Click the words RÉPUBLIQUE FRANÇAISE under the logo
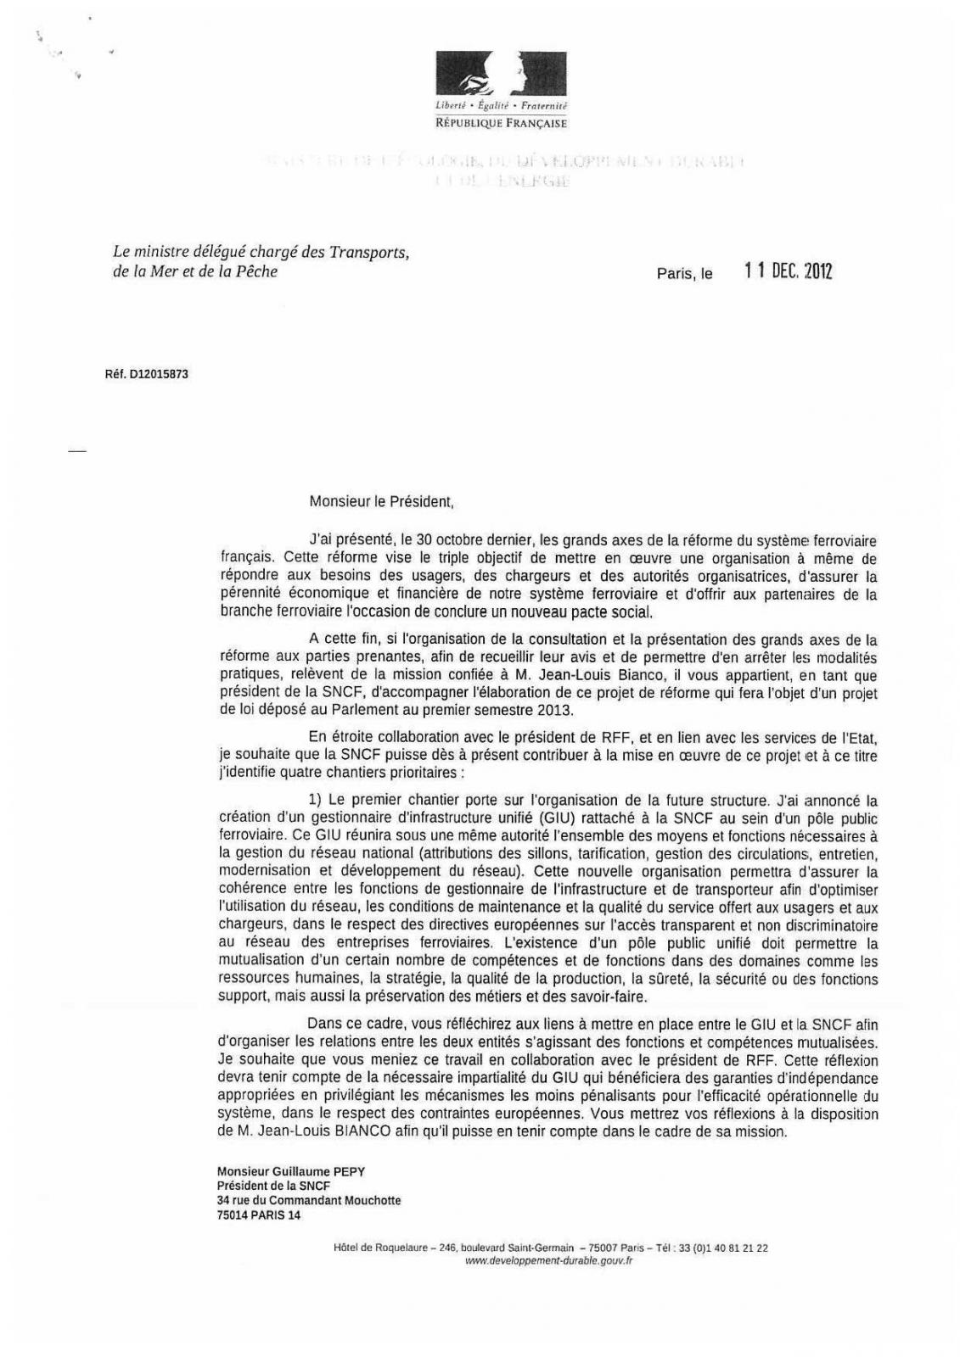501,123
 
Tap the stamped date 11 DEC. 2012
788,271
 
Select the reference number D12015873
159,373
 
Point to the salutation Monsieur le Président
381,501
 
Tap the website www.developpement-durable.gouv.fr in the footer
550,1261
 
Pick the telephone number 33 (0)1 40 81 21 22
722,1248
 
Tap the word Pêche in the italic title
258,272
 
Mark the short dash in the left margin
77,452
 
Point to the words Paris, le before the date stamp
684,274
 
